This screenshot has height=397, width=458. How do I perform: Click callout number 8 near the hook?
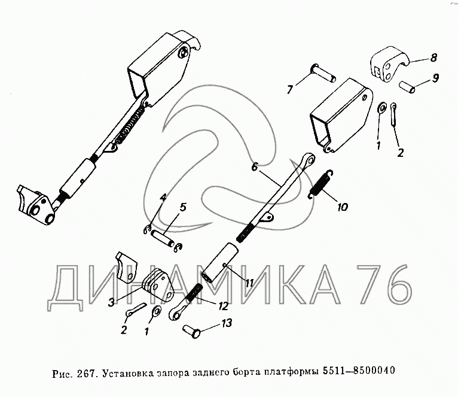(433, 57)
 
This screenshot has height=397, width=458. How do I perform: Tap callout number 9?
(435, 78)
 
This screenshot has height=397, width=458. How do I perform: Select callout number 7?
(289, 89)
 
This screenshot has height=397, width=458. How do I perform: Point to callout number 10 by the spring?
(343, 207)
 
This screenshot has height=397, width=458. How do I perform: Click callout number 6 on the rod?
(255, 167)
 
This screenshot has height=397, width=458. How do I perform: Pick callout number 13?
(227, 323)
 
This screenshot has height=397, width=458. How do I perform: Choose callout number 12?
(222, 306)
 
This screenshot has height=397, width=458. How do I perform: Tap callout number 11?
(249, 283)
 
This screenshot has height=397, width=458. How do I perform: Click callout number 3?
(111, 302)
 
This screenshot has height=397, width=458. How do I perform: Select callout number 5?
(182, 207)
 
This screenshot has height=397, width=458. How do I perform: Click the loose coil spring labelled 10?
(321, 184)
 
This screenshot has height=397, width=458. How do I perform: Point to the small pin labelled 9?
(407, 87)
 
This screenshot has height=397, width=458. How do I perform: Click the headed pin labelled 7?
(323, 73)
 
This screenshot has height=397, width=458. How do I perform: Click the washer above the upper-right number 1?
(381, 108)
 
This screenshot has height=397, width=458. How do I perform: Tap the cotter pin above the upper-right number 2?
(393, 114)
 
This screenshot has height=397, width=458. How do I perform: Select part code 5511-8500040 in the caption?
(359, 371)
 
